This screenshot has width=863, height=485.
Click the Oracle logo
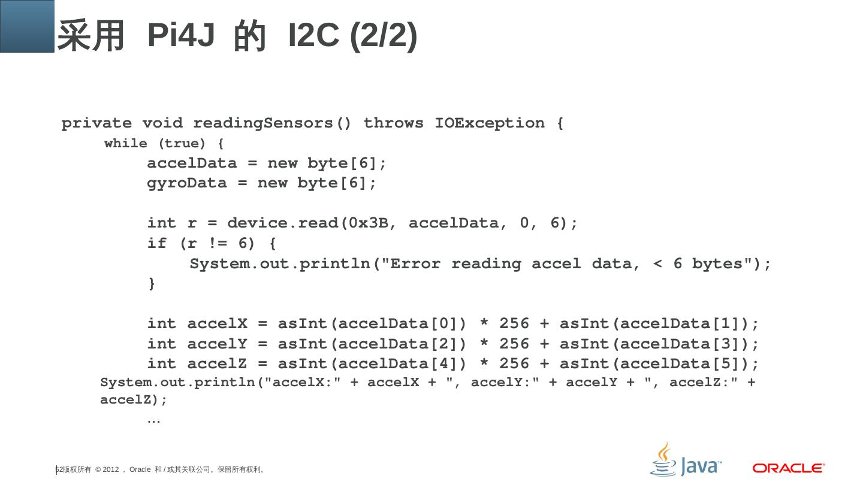point(789,468)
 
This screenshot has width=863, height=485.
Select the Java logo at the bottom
point(686,460)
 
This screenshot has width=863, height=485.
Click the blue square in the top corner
point(27,26)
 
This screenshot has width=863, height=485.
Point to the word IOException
point(490,123)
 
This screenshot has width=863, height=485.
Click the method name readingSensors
point(272,123)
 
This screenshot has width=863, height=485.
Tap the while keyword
point(126,144)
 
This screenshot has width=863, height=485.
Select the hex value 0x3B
point(368,223)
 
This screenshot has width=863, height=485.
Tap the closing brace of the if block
point(152,283)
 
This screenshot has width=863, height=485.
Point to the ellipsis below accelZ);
point(153,420)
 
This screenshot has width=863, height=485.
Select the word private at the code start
point(96,123)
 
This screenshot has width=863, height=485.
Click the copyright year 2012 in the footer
point(111,469)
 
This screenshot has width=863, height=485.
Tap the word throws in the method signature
point(393,123)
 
